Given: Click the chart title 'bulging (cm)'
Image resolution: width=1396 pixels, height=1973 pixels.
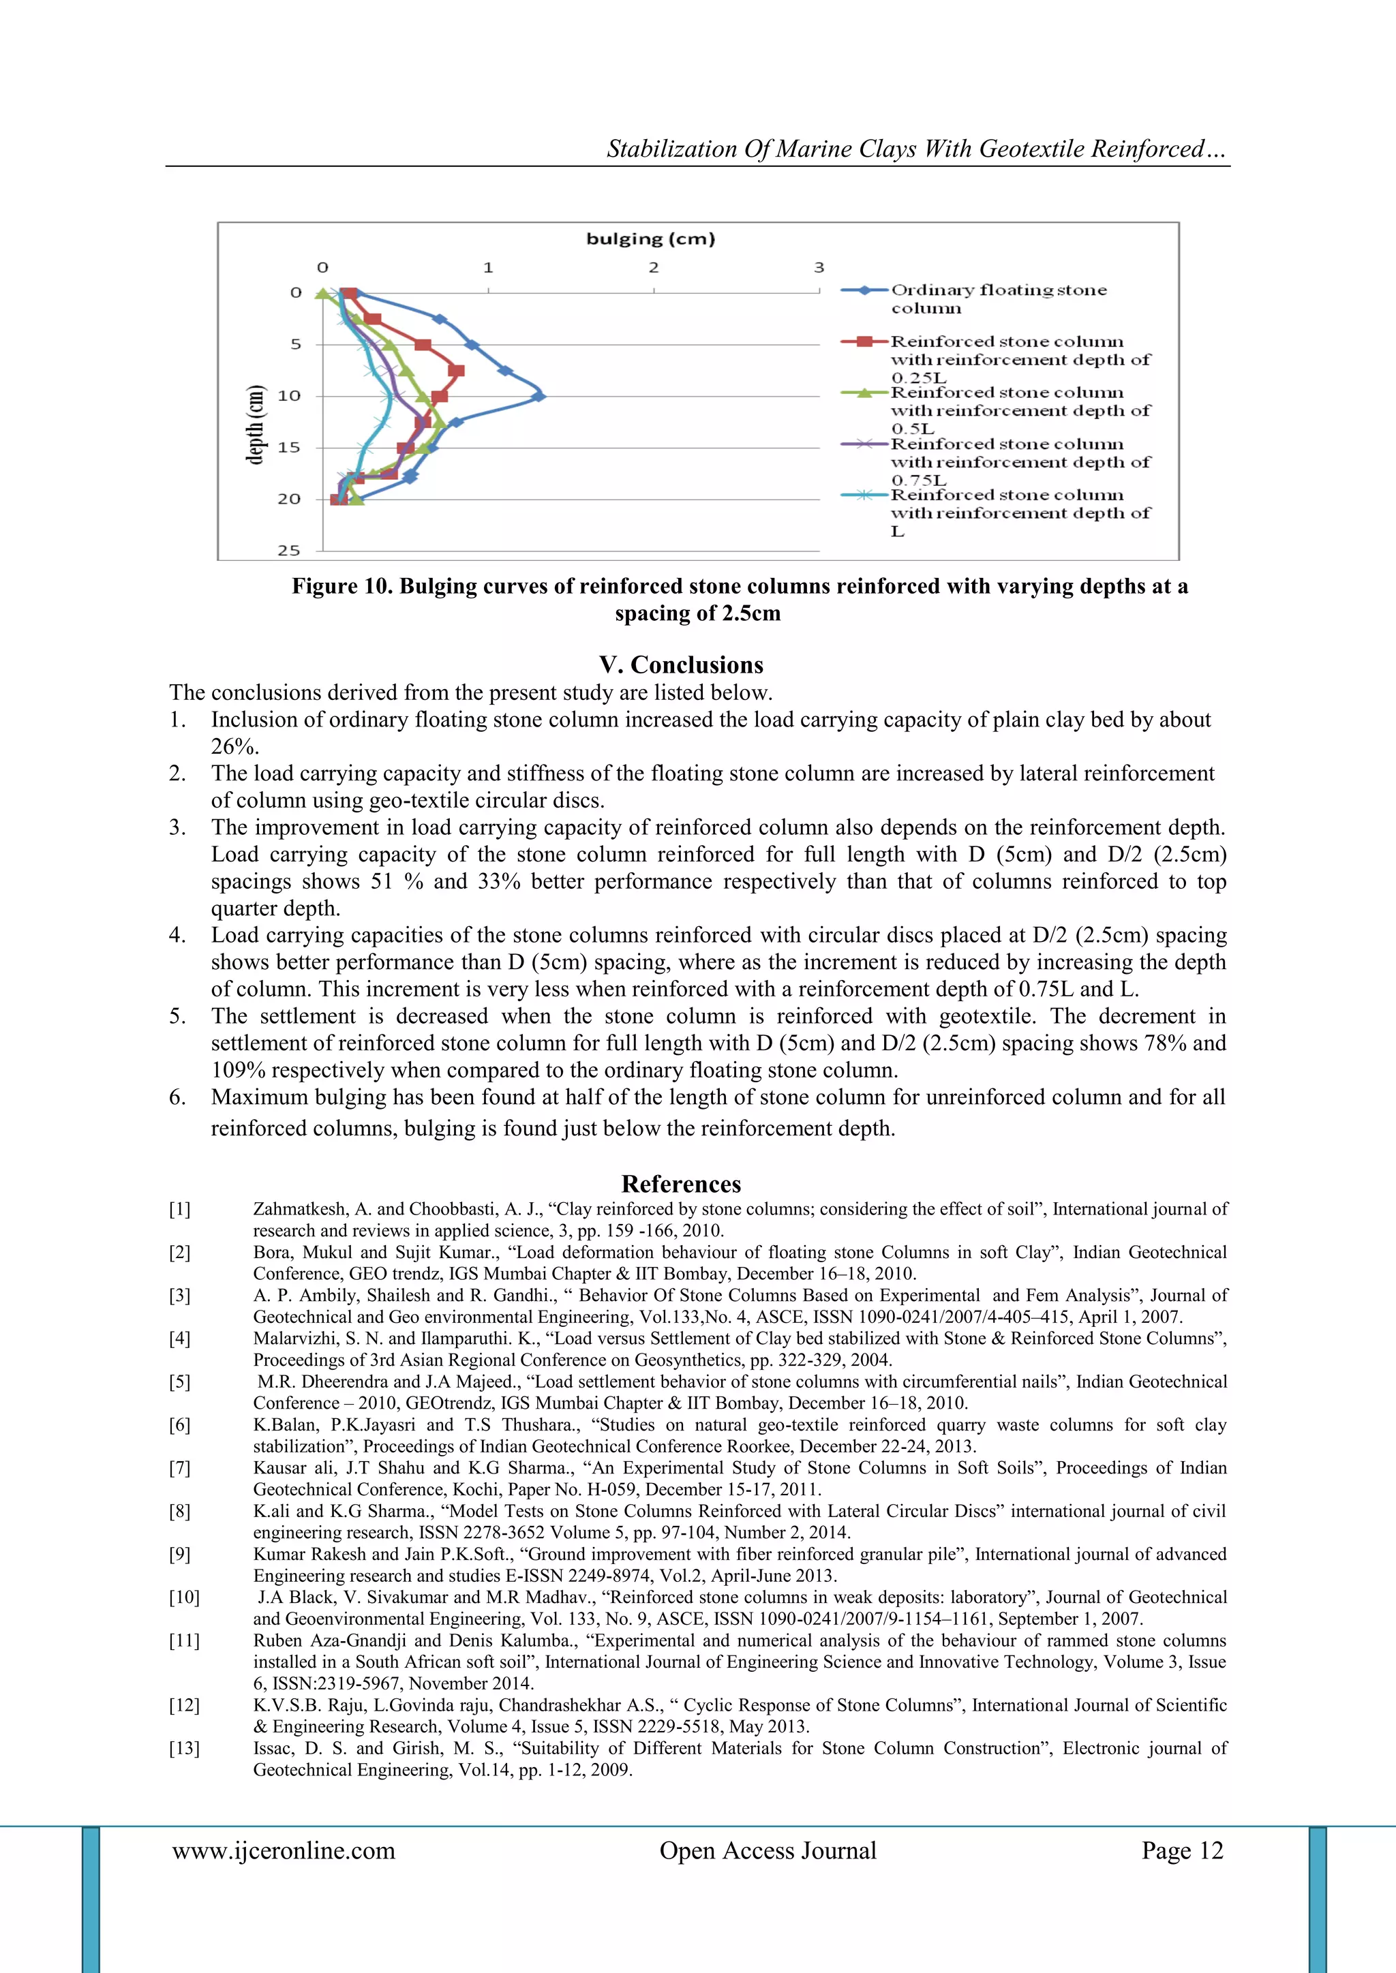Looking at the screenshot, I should click(x=650, y=239).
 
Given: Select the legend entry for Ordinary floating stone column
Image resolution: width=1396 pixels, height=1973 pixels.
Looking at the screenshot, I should click(x=997, y=299).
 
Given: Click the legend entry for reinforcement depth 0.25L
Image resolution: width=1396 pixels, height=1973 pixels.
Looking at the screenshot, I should click(x=1018, y=359).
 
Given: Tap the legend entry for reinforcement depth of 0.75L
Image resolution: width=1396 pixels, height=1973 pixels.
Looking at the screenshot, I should click(x=1018, y=461).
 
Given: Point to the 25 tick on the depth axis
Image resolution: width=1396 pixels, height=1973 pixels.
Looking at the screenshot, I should click(x=289, y=550).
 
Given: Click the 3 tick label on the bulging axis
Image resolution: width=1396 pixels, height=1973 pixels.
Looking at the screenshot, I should click(x=819, y=267).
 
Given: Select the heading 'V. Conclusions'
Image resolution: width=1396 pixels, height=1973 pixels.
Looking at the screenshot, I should click(x=681, y=664).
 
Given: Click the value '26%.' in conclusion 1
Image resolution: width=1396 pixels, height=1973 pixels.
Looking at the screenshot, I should click(x=234, y=746).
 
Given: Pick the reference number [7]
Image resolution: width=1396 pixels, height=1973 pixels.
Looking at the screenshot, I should click(x=180, y=1468).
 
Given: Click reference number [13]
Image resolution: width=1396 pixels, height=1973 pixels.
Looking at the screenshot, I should click(x=184, y=1748).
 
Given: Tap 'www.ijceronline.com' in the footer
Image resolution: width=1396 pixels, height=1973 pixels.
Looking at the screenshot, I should click(x=284, y=1850).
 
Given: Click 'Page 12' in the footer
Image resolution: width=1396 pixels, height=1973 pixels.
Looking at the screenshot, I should click(x=1181, y=1850).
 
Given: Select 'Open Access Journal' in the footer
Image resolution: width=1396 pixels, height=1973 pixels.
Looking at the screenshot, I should click(x=768, y=1850).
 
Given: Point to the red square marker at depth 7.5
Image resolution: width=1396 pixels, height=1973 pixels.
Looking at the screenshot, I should click(x=457, y=370).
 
